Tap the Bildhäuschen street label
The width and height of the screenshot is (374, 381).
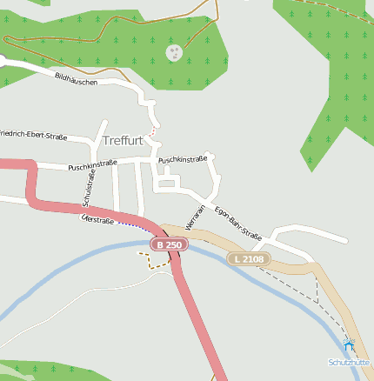click(76, 79)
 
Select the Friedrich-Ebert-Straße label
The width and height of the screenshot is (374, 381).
click(33, 136)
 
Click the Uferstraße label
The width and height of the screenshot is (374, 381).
click(97, 221)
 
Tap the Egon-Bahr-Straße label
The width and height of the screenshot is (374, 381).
click(237, 222)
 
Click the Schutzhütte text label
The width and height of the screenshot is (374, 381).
click(348, 362)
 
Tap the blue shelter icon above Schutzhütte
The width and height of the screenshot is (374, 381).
click(350, 347)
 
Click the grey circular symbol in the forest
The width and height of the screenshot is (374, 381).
click(175, 53)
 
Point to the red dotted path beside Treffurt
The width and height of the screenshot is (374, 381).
click(155, 131)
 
